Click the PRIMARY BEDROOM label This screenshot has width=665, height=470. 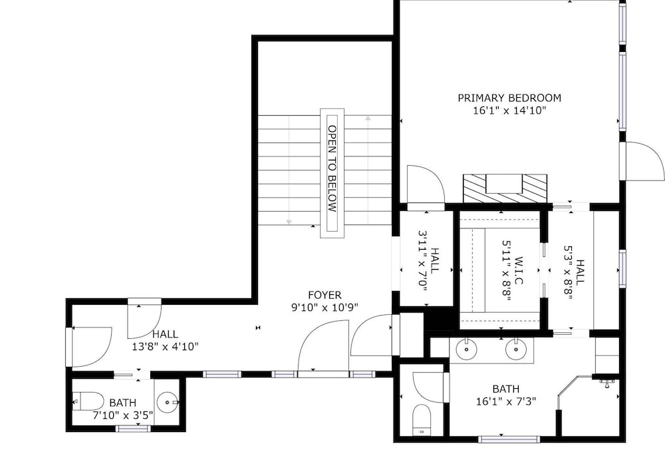(509, 98)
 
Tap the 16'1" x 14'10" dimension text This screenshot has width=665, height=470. (509, 111)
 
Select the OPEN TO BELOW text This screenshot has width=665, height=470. (332, 168)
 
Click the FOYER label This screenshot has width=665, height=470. (325, 295)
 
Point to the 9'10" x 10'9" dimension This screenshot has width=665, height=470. (325, 308)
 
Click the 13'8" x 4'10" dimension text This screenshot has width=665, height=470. (166, 346)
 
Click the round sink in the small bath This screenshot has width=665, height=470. (168, 401)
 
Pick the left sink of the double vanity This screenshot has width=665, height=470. (467, 349)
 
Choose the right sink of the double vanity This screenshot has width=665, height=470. (516, 349)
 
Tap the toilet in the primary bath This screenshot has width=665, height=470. (422, 419)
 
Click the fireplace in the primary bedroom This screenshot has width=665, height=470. (505, 188)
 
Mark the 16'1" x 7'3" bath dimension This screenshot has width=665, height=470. (506, 401)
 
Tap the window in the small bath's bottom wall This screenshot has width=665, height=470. (133, 428)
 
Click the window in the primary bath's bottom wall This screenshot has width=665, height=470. (509, 439)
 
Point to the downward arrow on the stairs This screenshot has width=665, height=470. (289, 170)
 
